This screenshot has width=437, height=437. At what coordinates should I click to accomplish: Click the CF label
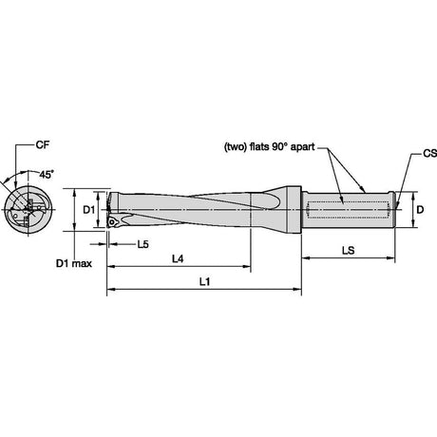coord(43,145)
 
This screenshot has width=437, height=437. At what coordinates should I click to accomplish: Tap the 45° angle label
coord(47,174)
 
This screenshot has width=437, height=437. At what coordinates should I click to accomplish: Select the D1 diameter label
coord(89,210)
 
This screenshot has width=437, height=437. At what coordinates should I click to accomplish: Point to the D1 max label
coord(74,263)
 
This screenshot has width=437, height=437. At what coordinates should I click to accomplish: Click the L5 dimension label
coord(142,244)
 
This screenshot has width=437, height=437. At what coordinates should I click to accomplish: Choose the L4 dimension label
coord(178,259)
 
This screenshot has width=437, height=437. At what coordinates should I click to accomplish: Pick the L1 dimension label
coord(204,281)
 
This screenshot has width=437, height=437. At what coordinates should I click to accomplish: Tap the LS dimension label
coord(348,251)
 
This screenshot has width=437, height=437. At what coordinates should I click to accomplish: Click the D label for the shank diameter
coord(420,210)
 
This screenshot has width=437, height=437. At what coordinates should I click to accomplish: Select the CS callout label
coord(429,154)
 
